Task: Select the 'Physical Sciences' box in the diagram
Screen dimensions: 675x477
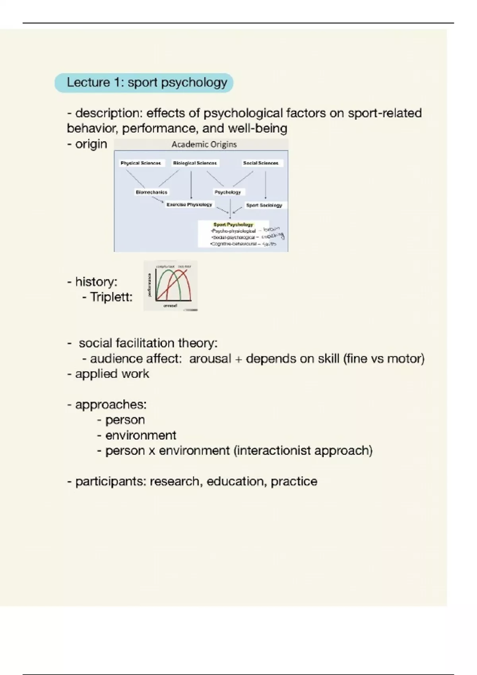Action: pos(141,163)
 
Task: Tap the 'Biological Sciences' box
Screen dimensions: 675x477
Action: pos(195,163)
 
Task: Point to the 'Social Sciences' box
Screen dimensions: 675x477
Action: pos(261,163)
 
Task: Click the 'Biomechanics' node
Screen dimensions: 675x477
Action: pos(151,192)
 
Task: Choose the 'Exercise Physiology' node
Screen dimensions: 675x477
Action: pos(189,204)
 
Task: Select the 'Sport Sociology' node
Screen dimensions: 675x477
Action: pos(264,205)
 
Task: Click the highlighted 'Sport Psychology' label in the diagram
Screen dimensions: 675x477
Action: pos(233,224)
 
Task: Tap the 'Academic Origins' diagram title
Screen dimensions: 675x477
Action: pos(204,145)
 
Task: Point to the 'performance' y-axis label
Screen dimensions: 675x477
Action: pos(149,284)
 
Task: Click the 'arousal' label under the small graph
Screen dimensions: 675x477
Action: pos(170,306)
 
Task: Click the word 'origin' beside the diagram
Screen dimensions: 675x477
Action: pos(91,144)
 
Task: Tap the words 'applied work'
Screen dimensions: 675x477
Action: pos(112,374)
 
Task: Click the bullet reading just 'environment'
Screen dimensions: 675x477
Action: pos(140,435)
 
